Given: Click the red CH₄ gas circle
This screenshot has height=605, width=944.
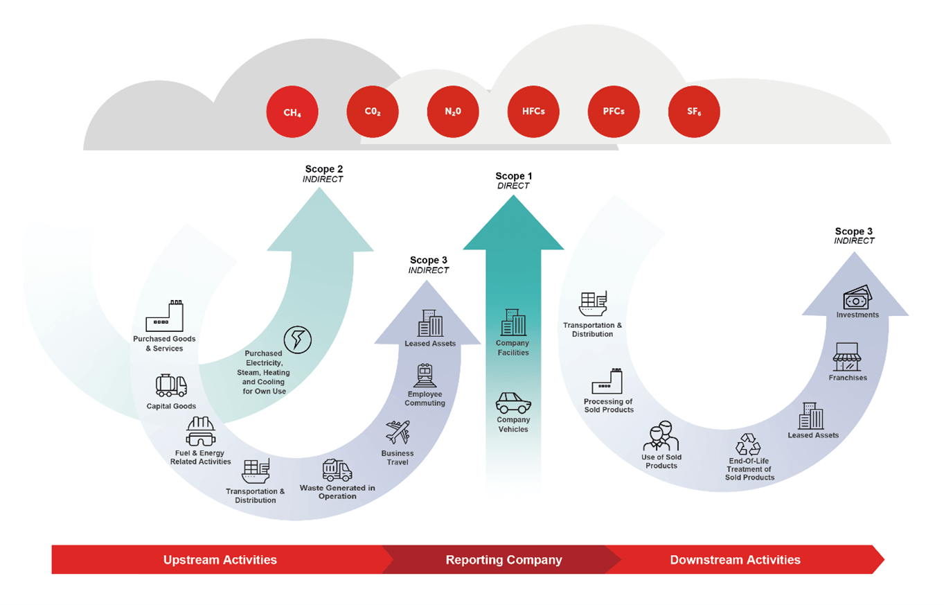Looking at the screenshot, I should [292, 112].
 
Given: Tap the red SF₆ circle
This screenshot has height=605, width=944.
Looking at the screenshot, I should [694, 112].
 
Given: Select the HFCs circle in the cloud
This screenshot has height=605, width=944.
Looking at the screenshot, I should [533, 112].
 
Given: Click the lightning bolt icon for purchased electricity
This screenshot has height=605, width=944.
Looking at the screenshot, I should [298, 340].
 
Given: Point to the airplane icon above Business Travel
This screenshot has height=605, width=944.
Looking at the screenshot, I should [398, 433].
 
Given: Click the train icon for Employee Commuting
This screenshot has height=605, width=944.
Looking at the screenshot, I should [425, 375].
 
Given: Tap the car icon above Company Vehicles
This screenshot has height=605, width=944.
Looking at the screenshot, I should [513, 403].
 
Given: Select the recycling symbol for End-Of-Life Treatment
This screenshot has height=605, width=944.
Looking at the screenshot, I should [749, 444].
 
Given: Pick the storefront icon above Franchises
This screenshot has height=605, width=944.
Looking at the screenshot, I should [847, 357].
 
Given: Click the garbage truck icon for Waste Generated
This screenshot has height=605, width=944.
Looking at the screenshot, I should [337, 471].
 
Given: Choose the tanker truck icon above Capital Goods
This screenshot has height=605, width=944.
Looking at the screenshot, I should [171, 385].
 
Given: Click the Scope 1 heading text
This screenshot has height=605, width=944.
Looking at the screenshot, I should [513, 176].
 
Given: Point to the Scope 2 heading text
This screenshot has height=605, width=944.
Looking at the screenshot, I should [323, 168].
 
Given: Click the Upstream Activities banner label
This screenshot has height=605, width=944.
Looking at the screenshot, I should [220, 560].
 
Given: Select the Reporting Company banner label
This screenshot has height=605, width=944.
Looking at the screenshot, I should [504, 560].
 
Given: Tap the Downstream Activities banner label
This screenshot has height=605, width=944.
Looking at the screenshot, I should [735, 560].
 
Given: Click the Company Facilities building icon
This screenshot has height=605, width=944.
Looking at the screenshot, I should [513, 324].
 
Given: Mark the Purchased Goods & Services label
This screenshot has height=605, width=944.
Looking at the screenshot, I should [164, 344].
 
